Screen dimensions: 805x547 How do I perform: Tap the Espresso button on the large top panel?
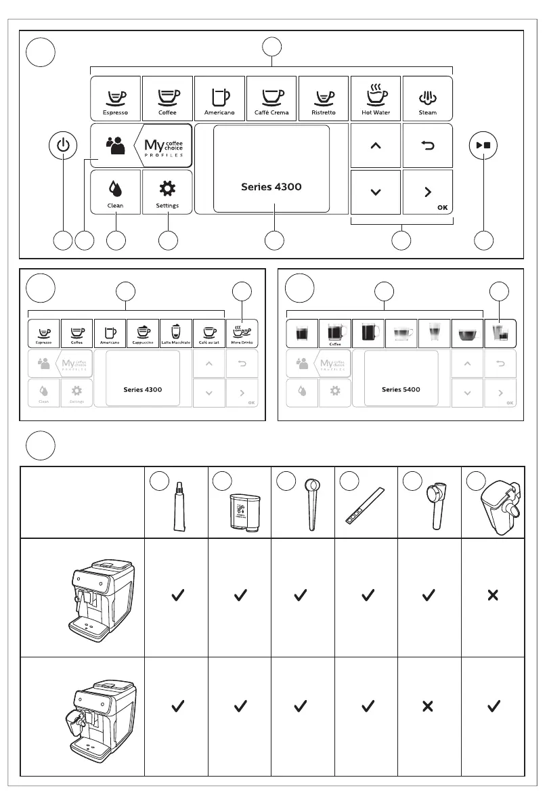pos(115,97)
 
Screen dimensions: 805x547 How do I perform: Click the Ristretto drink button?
pos(324,97)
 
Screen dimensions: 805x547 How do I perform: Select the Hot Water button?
pos(376,97)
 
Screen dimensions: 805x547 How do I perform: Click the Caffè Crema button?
pos(271,97)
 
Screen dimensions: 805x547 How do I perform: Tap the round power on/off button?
pos(64,145)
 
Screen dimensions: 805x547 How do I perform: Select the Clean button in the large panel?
pos(115,192)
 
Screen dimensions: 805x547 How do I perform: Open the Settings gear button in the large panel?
pos(167,192)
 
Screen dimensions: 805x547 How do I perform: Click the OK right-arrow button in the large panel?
pos(428,192)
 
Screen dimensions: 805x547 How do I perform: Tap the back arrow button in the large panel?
pos(428,145)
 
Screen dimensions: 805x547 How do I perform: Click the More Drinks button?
pos(242,333)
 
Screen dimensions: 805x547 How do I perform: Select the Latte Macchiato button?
pos(175,333)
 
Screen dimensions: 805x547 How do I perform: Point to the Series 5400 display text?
pos(401,389)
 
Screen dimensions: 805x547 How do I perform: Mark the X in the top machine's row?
pos(493,595)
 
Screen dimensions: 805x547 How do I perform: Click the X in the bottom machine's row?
pos(428,706)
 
